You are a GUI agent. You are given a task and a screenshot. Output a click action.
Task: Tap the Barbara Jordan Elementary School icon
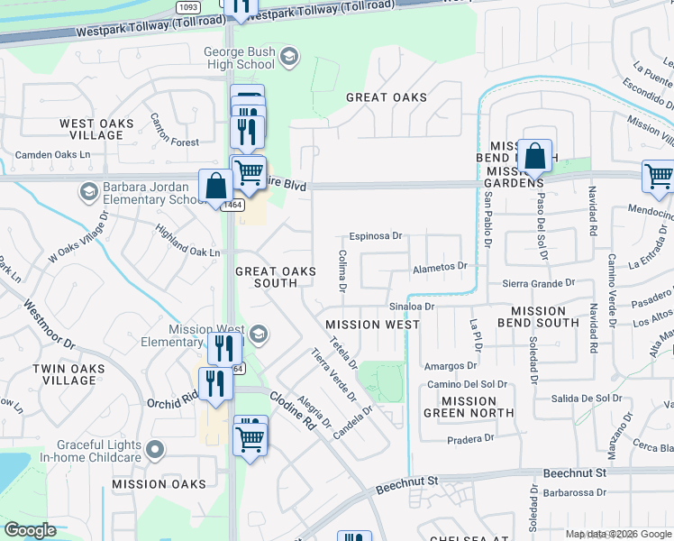88,191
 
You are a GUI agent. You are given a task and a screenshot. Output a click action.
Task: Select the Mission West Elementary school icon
259,335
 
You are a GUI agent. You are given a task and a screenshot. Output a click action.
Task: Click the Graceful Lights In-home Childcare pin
155,448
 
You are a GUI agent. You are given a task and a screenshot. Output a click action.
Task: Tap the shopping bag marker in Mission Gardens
534,158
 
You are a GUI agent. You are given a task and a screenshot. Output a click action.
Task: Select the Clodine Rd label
293,407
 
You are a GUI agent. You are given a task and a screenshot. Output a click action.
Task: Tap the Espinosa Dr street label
375,235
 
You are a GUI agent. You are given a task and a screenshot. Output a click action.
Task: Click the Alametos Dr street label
440,266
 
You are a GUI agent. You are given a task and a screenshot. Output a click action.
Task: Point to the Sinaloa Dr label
412,306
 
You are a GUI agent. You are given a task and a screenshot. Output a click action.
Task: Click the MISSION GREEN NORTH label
469,407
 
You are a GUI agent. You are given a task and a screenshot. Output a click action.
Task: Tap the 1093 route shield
188,6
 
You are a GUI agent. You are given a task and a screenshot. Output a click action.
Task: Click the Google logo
31,530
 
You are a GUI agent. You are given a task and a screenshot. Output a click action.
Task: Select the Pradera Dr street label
470,438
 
